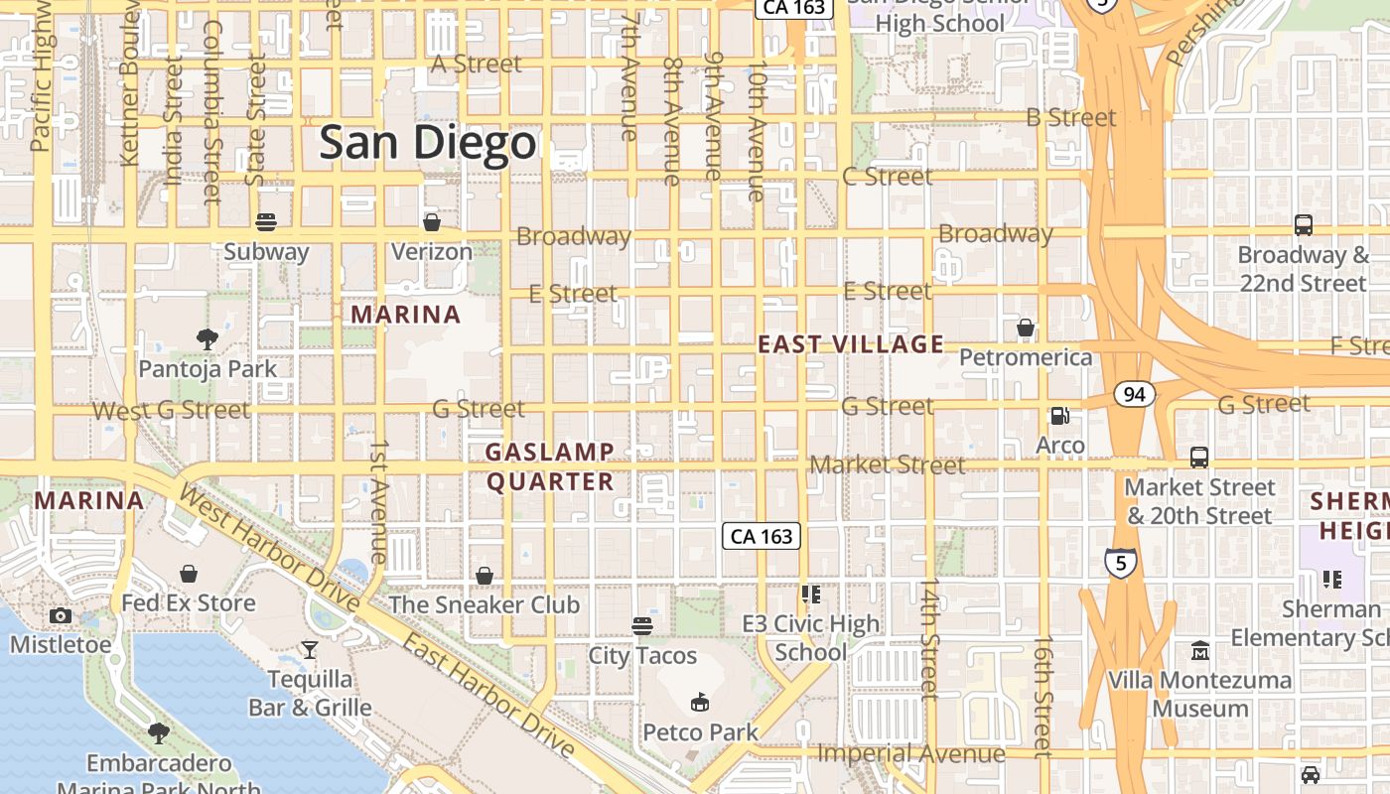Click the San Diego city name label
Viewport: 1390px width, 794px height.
point(427,143)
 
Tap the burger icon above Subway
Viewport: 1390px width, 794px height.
point(265,221)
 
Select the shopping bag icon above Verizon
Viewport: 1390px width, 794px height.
point(431,221)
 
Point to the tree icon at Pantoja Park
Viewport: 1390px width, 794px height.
point(207,339)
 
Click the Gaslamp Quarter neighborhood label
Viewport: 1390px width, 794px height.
point(550,466)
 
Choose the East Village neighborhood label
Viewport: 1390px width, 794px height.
point(851,344)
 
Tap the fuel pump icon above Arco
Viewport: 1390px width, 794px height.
point(1060,416)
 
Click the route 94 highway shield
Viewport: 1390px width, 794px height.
point(1134,395)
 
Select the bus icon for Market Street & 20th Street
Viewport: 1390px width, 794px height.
point(1199,458)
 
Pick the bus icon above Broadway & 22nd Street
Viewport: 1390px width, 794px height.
point(1303,225)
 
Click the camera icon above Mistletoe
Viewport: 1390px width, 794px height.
point(61,615)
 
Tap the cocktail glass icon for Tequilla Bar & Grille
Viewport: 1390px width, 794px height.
point(310,650)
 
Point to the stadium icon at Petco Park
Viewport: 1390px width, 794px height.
point(700,703)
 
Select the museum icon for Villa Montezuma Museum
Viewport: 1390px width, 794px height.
point(1199,651)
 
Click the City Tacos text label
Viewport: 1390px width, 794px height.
point(642,656)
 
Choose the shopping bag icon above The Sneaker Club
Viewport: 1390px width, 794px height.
point(484,576)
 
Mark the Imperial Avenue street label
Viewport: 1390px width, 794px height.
point(910,754)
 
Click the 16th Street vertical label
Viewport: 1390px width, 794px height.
point(1041,697)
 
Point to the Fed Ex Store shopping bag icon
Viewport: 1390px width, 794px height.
point(189,574)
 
